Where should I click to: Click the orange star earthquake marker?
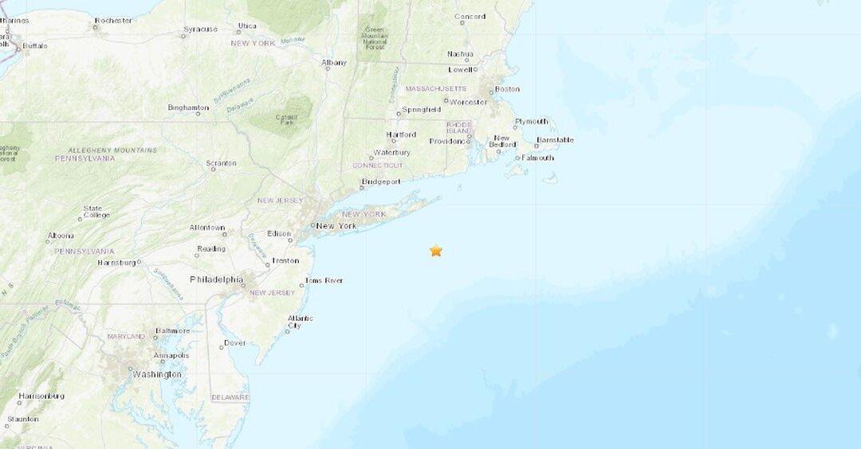coord(435,251)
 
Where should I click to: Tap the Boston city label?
coord(507,89)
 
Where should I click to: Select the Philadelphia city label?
coord(216,279)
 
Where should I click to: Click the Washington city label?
coord(157,374)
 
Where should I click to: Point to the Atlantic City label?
coord(300,322)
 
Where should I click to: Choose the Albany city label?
coord(334,62)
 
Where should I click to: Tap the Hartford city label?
coord(401,135)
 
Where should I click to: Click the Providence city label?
coord(449,141)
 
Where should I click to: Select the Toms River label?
coord(324,280)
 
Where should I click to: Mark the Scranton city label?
coord(221,163)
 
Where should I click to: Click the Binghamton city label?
coord(188,107)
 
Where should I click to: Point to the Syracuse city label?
coord(200,29)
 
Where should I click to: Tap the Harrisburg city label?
coord(116,262)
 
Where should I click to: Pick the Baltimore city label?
coord(173,330)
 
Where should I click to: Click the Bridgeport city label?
coord(380,182)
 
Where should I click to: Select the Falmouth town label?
coord(537,158)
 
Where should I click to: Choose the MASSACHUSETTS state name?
coord(436,88)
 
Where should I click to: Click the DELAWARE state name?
coord(230,397)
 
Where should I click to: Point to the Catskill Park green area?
coord(283,116)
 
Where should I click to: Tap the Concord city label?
coord(470,16)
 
